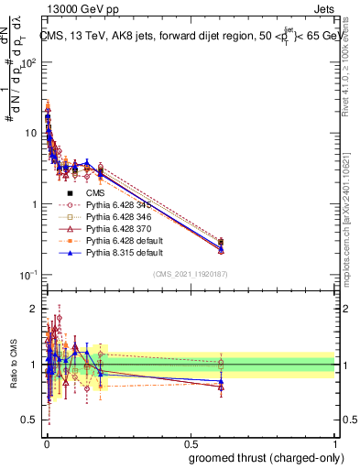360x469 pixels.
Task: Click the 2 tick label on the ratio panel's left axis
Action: tap(35, 308)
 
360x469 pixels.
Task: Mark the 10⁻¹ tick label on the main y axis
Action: tap(30, 275)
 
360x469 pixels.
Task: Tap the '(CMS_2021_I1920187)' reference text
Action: tap(190, 274)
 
